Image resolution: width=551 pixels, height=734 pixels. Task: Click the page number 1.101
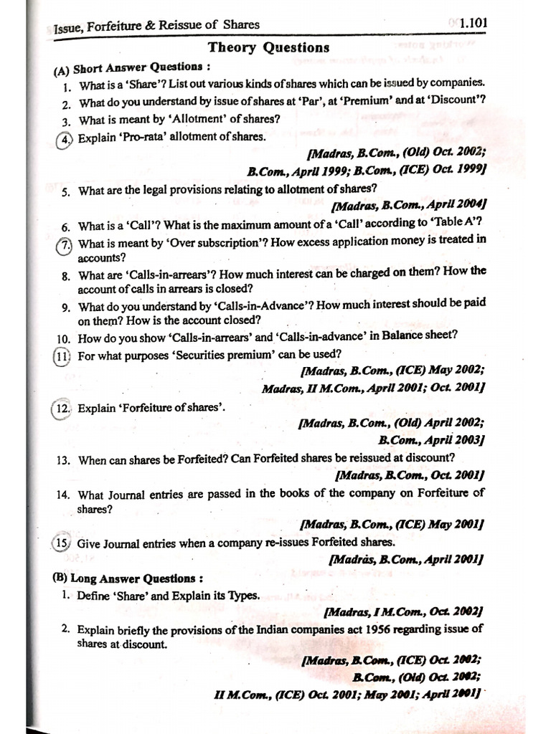474,23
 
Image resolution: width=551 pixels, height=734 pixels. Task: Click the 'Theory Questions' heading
268,48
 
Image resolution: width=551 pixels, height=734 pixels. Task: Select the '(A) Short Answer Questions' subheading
132,69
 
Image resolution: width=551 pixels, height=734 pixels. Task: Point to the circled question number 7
65,244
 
